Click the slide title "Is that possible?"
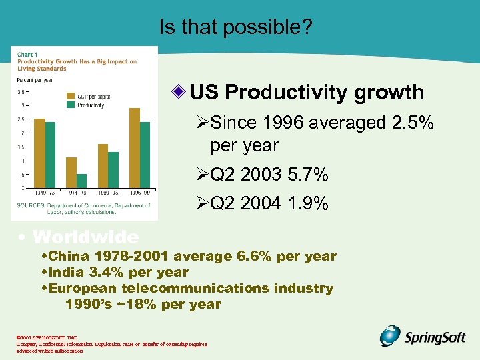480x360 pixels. [236, 27]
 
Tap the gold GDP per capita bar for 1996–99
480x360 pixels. [134, 147]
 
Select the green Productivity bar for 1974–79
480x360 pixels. [81, 181]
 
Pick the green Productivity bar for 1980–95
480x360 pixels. [113, 170]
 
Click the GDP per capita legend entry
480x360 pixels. [93, 97]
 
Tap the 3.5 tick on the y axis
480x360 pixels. [21, 92]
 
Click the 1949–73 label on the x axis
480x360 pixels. [45, 192]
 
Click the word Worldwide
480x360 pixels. [85, 237]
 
